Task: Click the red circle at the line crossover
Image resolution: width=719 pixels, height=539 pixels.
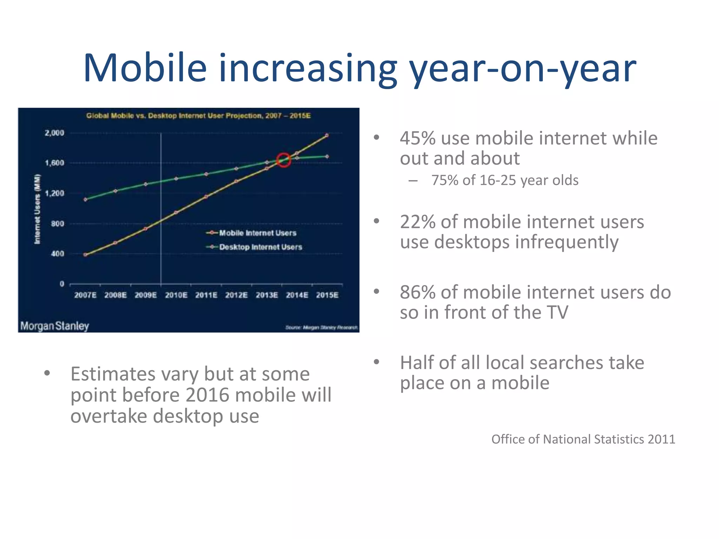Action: [284, 160]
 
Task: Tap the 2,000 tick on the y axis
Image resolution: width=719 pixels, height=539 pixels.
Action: [54, 133]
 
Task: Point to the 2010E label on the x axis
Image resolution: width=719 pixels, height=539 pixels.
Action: [176, 295]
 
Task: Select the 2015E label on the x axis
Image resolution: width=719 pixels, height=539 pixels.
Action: [327, 295]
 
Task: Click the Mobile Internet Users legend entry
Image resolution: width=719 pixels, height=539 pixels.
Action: [257, 233]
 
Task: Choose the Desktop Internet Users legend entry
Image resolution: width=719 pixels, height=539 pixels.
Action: [260, 247]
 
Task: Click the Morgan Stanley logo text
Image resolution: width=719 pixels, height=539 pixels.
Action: [54, 326]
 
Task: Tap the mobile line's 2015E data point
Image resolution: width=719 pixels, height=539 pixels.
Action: [327, 135]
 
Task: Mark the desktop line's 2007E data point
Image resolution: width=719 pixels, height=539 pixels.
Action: [85, 200]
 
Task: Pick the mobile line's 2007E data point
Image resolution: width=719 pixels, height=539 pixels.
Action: [85, 255]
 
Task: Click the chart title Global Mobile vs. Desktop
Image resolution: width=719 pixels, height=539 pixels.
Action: [198, 116]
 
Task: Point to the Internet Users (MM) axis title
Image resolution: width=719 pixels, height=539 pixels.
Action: [37, 209]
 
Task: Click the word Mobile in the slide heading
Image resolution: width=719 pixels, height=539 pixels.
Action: [145, 68]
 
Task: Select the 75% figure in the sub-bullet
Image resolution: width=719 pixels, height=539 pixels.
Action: [444, 180]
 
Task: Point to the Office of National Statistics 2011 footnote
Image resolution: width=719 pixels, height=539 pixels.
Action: [583, 439]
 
